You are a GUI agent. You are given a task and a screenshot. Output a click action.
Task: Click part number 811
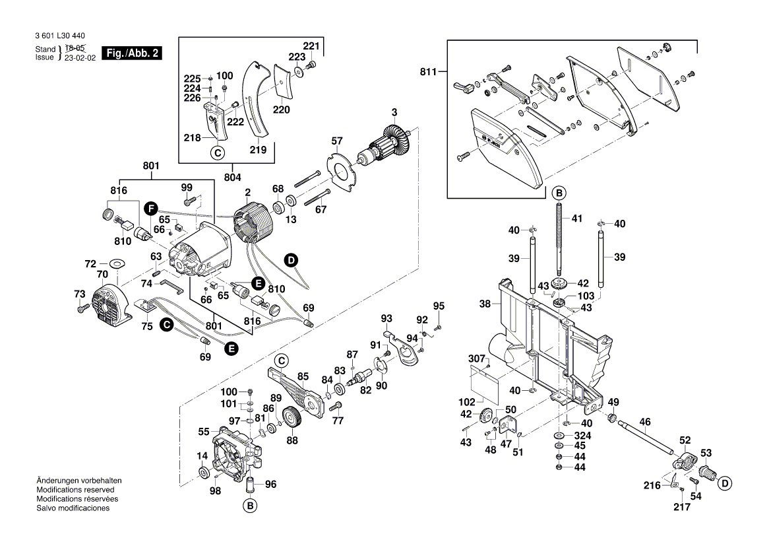click(429, 72)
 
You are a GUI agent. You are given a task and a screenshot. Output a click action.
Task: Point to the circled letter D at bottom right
click(725, 483)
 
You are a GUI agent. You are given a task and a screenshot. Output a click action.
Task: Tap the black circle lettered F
click(151, 209)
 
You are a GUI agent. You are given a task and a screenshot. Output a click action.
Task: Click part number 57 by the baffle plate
click(337, 141)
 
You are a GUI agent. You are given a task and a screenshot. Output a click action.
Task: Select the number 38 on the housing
click(485, 304)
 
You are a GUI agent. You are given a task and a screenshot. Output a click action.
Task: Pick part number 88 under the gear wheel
click(292, 440)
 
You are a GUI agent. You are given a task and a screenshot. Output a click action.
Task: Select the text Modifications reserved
click(75, 490)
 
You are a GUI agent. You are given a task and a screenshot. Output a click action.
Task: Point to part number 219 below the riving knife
click(259, 151)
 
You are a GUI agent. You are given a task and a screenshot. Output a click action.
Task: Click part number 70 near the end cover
click(102, 273)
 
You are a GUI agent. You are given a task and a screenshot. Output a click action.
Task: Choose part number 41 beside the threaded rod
click(577, 218)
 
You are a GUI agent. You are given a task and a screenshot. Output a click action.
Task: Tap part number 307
click(476, 359)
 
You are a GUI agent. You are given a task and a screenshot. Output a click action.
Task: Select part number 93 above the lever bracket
click(386, 320)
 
